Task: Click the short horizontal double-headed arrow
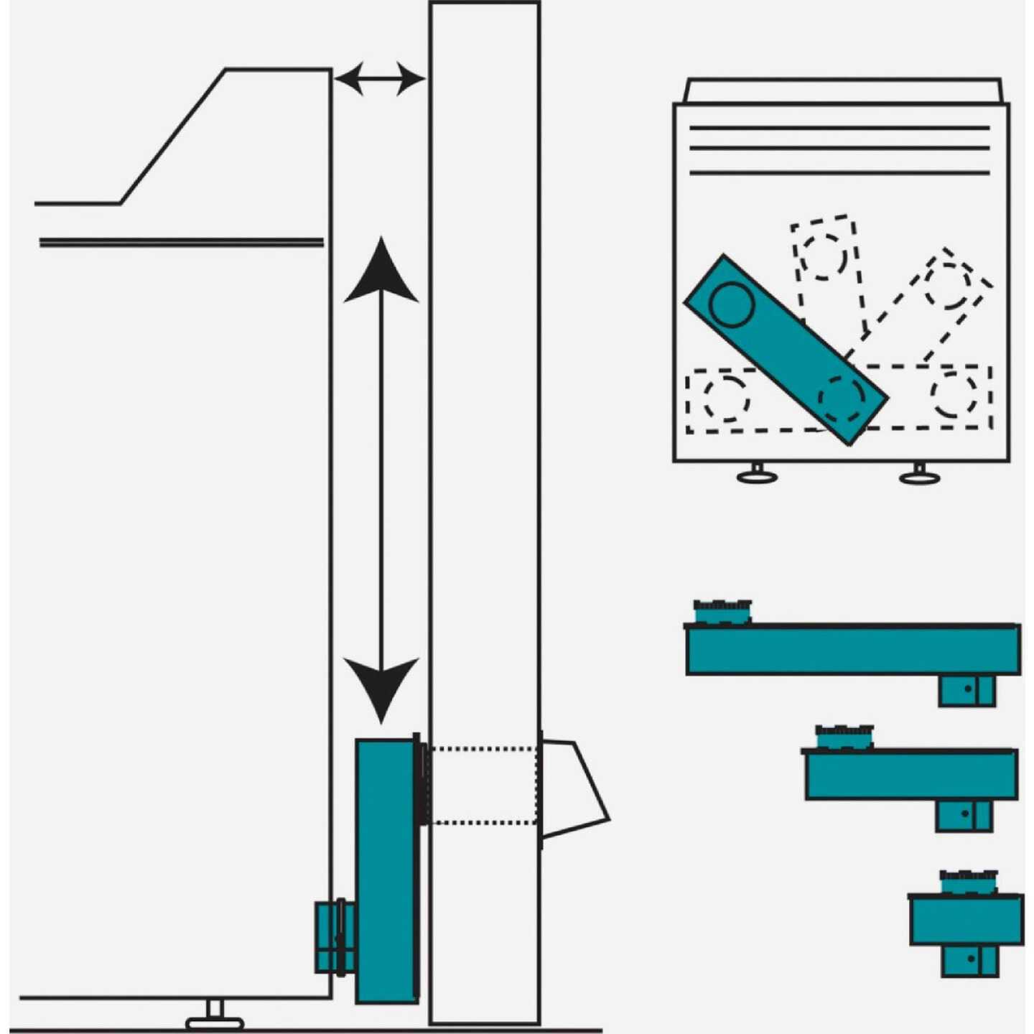[x=379, y=78]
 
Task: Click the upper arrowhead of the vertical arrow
[x=381, y=273]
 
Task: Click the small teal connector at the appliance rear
[x=334, y=937]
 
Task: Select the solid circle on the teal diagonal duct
[x=731, y=303]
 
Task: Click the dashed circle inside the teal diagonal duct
[x=842, y=398]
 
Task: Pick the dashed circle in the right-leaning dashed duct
[x=948, y=286]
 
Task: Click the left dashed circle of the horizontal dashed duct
[x=726, y=397]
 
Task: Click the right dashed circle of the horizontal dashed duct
[x=954, y=393]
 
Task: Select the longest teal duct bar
[x=852, y=650]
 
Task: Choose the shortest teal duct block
[x=966, y=920]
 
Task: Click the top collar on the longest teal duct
[x=722, y=612]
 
